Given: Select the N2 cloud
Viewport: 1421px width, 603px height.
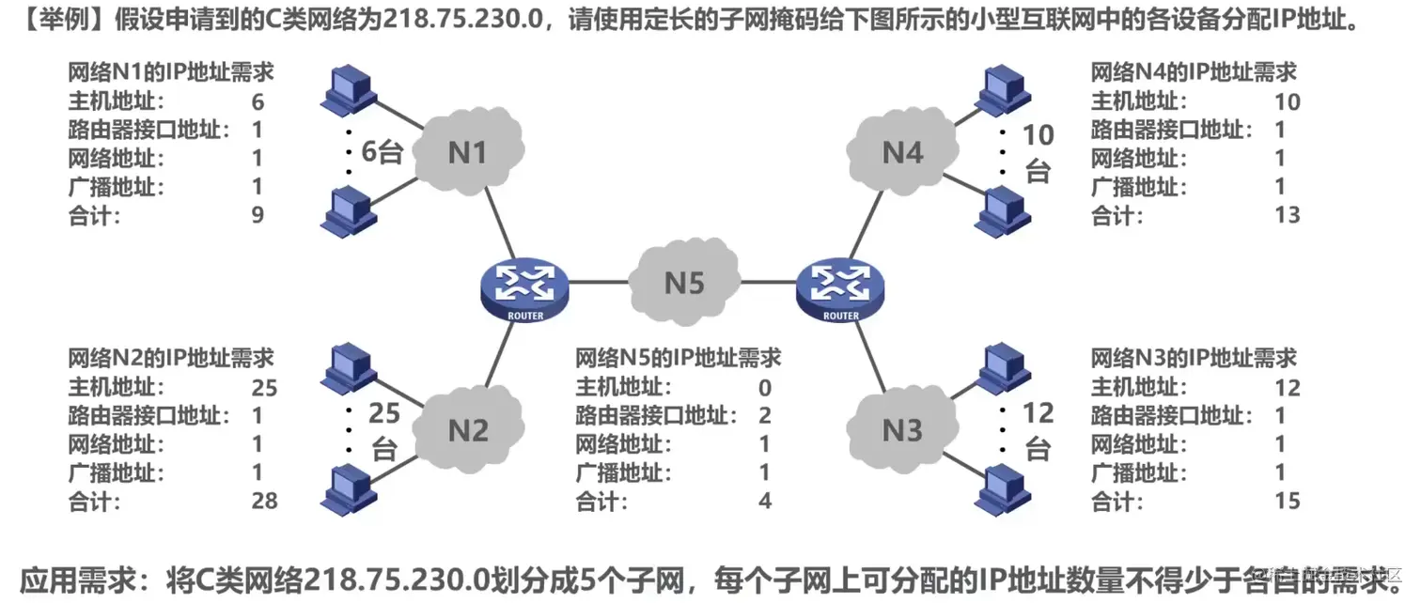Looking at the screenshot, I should pos(467,429).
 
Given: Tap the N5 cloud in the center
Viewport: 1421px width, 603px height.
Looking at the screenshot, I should pos(684,281).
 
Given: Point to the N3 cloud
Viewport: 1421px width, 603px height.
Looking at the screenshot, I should pos(903,429).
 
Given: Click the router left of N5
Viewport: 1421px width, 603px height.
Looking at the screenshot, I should pos(524,287).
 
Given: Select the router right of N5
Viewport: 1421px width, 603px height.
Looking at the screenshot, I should pos(839,287).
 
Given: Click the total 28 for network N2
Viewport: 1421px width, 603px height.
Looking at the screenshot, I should pos(265,501).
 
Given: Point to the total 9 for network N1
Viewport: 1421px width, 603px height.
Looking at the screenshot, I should pos(258,215).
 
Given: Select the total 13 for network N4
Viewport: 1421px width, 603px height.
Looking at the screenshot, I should pos(1287,215).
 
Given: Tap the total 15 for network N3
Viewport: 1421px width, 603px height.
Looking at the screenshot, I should pos(1287,501).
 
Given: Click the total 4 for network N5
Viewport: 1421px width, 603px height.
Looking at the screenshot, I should pos(765,501).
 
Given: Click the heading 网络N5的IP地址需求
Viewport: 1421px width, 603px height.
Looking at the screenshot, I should pos(678,358).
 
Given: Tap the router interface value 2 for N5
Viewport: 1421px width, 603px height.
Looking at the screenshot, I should pos(765,415).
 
